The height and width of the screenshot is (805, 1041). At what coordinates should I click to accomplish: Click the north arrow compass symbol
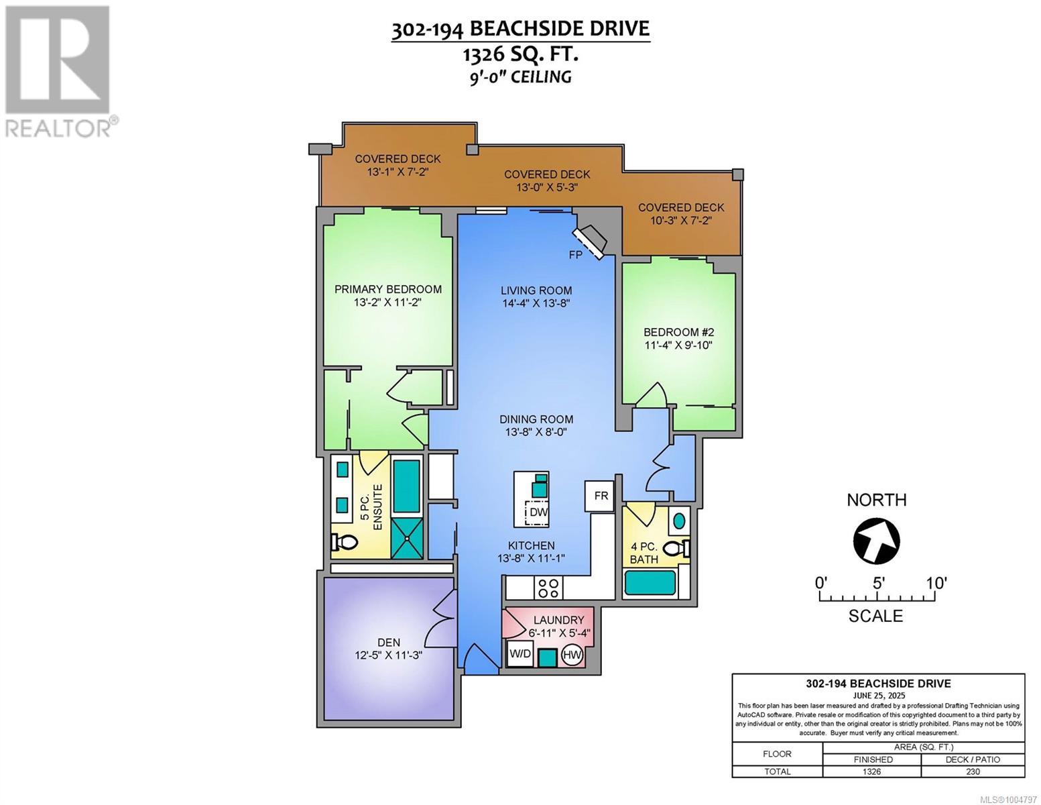click(876, 541)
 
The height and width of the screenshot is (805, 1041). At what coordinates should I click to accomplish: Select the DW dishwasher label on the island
click(538, 512)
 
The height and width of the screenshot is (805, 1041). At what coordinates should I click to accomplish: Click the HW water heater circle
click(572, 655)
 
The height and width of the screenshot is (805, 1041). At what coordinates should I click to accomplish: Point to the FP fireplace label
click(575, 255)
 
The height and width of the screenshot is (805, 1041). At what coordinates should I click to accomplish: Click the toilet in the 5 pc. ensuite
click(345, 542)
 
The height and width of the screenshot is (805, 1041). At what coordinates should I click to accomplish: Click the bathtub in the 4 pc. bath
click(650, 582)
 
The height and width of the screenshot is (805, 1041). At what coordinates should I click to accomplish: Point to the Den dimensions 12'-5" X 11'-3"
click(388, 655)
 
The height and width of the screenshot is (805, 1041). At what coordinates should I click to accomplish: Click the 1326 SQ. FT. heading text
click(520, 54)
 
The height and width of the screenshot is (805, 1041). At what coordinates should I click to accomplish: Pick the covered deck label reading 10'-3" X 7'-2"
click(681, 221)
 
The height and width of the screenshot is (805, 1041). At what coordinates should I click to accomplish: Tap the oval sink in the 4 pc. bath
click(679, 520)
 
